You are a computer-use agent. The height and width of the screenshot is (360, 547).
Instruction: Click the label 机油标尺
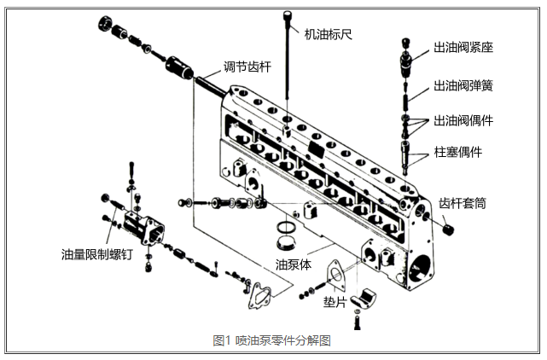329,35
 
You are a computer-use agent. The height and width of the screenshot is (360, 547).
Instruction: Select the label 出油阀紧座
464,48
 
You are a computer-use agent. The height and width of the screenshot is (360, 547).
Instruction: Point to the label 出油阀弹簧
464,85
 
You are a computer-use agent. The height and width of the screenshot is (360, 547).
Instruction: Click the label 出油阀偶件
464,120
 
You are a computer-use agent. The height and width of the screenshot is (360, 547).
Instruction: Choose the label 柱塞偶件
458,152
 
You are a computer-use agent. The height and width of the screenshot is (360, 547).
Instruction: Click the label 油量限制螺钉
96,255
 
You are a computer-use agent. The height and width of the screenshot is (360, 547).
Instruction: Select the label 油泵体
293,264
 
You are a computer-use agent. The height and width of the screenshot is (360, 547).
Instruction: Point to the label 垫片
334,303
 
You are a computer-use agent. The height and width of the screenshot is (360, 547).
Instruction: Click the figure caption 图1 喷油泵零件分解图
271,340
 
